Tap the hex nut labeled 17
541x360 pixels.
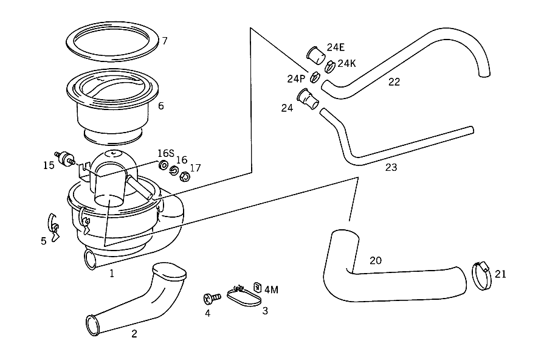coord(185,177)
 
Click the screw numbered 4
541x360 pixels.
coord(212,298)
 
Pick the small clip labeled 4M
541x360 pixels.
coord(257,287)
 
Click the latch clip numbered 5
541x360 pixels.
coord(52,227)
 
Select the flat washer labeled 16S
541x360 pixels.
coord(162,165)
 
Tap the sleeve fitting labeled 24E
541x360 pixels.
coord(315,55)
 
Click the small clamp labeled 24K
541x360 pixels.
coord(330,66)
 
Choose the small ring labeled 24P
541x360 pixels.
coord(314,77)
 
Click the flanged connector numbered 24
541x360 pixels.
coord(308,99)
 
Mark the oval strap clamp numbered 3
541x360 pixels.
coord(244,297)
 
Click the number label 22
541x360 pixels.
coord(394,82)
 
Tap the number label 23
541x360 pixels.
coord(391,167)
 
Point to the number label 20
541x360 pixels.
coord(376,260)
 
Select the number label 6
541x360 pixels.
coord(161,106)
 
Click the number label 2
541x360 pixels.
coord(134,334)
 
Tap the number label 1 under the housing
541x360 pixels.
coord(112,274)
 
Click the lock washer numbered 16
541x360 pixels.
coord(174,170)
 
